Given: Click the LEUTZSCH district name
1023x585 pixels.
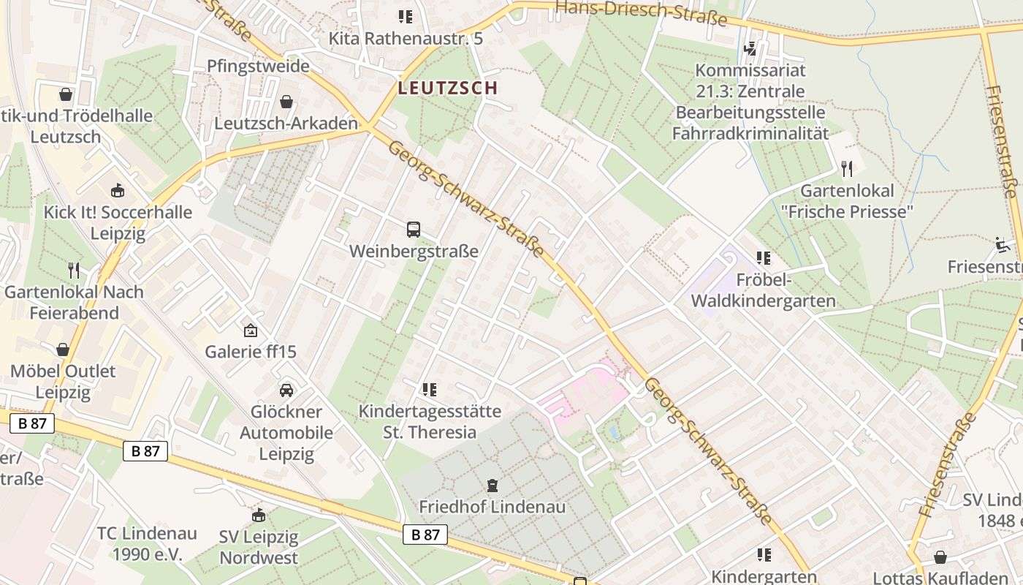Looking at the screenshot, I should (x=448, y=88).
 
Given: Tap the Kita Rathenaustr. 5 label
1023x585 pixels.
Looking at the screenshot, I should (x=406, y=38).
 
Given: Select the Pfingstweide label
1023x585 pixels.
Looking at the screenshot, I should (x=258, y=66).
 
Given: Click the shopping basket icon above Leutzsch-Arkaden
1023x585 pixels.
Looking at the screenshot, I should (x=286, y=102).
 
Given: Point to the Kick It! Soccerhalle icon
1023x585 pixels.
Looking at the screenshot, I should (x=117, y=191).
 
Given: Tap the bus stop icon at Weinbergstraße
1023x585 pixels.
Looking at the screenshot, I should (x=414, y=230).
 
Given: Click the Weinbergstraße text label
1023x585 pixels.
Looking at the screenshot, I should (x=414, y=252).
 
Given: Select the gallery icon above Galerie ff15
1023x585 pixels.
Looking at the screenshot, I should (x=251, y=331).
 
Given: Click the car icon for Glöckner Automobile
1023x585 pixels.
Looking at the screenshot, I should (x=286, y=390).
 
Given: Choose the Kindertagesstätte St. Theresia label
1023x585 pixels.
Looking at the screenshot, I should (x=430, y=422).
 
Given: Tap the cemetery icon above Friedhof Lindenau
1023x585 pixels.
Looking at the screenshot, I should (x=493, y=485).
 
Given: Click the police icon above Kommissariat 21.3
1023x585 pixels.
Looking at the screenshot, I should (x=750, y=49).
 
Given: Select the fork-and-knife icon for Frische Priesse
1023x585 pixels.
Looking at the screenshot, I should (x=847, y=170).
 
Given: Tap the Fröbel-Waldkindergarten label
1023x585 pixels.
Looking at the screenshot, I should (x=763, y=290).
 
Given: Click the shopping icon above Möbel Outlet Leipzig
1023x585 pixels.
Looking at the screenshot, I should (x=63, y=350).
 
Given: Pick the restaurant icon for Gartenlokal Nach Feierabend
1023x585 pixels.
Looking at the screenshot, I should (x=73, y=271).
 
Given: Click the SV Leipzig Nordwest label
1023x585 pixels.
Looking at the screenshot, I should (x=259, y=548).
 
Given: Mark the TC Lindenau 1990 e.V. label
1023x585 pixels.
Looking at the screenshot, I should (x=146, y=543).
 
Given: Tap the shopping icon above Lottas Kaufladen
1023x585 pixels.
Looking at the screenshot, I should (x=940, y=557).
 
